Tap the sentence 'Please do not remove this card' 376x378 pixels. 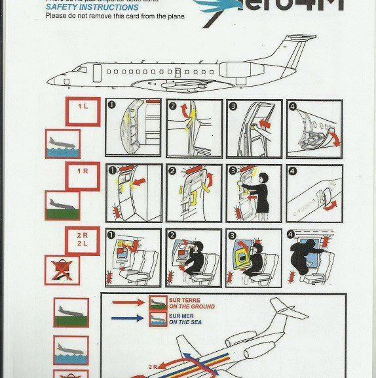(115, 16)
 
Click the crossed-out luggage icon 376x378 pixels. (63, 269)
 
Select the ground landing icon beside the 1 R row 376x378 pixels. (63, 205)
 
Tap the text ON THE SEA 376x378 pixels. (187, 322)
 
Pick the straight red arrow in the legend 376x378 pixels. (130, 303)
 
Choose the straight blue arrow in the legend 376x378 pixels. (130, 319)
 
